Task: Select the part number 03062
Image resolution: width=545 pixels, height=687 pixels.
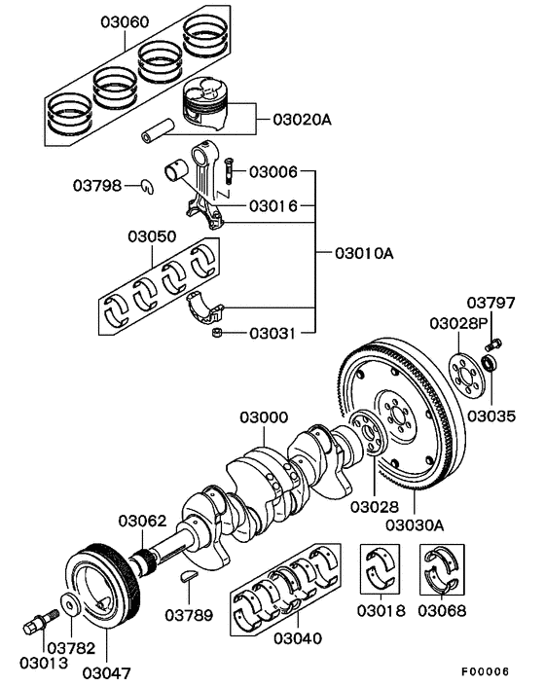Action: (144, 521)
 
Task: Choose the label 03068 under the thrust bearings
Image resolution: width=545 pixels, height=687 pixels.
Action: (442, 611)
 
